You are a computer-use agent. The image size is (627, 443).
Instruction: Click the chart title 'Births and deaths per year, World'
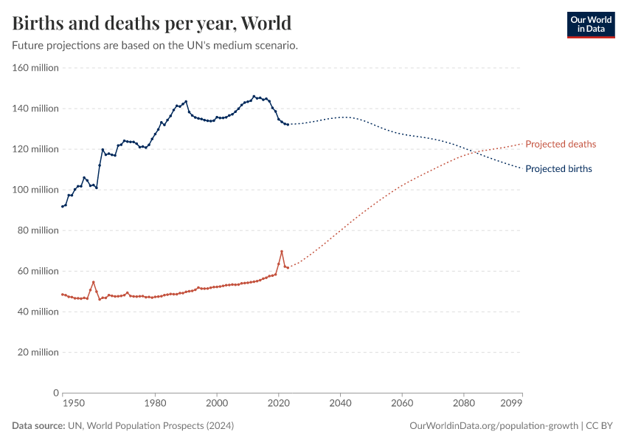[151, 23]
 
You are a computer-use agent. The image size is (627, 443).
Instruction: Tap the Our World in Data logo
[590, 24]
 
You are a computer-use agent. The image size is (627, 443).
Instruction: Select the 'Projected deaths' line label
[561, 144]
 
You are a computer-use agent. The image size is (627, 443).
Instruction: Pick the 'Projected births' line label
[558, 169]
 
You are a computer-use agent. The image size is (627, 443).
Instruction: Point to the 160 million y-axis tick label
[35, 68]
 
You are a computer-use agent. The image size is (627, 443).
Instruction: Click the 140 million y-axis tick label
[35, 109]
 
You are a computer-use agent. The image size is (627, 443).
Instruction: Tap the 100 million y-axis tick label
[35, 190]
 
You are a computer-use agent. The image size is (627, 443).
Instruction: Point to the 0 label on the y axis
[55, 393]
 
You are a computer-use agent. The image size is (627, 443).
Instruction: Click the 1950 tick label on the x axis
[72, 404]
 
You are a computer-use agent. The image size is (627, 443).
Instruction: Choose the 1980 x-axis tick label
[155, 404]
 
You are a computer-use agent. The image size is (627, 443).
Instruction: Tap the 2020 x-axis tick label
[278, 404]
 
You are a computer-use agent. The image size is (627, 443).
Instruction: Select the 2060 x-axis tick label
[402, 404]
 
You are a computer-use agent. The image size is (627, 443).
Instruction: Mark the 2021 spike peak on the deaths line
[281, 252]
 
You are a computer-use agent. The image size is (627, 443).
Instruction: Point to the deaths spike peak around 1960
[93, 282]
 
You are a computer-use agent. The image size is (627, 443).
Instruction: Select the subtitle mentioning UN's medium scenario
[155, 46]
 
